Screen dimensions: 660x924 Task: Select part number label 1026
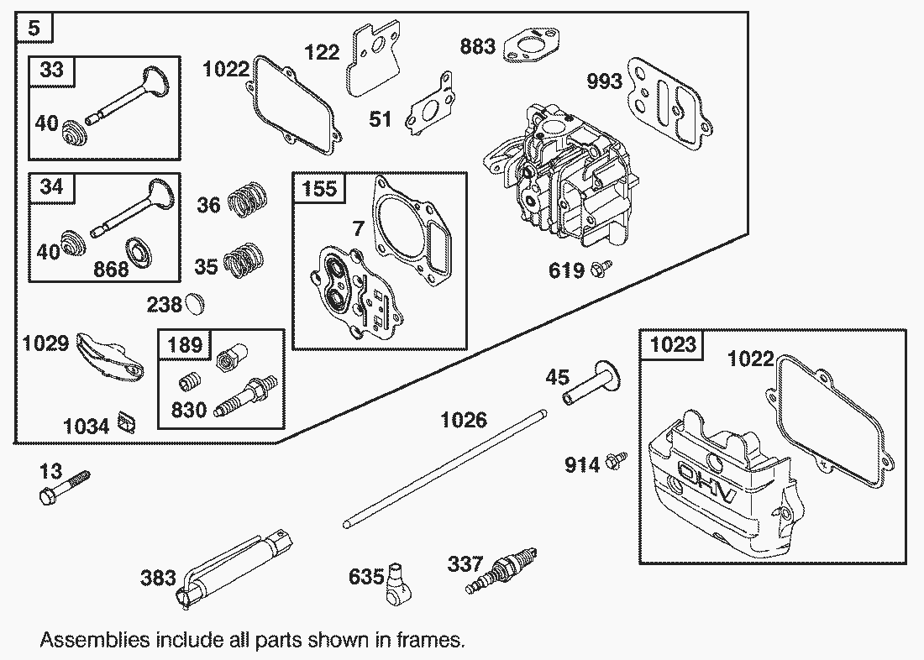point(464,419)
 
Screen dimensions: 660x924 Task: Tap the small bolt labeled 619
point(601,269)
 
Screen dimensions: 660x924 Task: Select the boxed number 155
point(319,188)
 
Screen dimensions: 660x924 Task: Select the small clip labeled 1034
point(127,420)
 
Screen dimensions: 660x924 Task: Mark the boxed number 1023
point(673,345)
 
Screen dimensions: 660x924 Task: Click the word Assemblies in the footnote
point(91,640)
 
